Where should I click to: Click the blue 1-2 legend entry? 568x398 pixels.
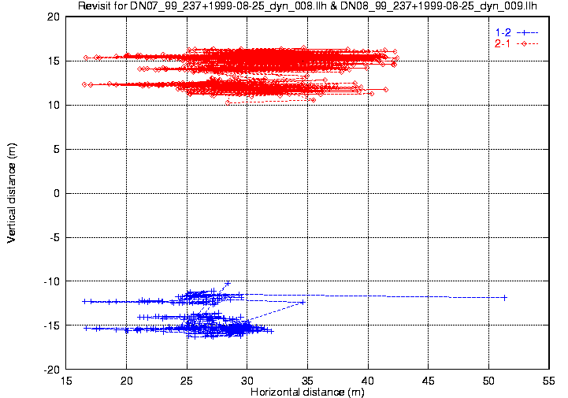click(x=502, y=32)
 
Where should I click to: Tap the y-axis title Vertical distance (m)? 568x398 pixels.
click(x=11, y=192)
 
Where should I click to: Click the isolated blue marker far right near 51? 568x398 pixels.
click(x=504, y=297)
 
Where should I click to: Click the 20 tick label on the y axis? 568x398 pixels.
click(x=54, y=17)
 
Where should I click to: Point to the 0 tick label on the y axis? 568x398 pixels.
click(x=57, y=193)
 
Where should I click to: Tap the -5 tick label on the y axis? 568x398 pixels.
click(x=54, y=237)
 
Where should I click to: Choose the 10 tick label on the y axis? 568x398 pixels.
click(x=54, y=105)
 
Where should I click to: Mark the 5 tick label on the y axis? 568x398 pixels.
click(x=57, y=149)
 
